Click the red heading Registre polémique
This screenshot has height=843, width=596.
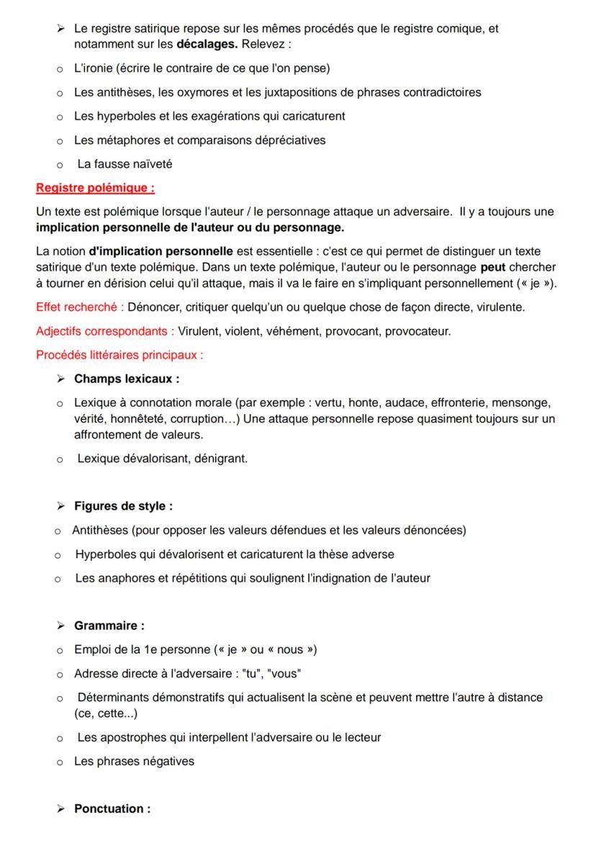(95, 189)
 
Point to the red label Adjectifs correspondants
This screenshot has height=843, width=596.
(103, 331)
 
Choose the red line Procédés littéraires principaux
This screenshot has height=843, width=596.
(119, 355)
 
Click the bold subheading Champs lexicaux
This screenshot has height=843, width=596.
(127, 379)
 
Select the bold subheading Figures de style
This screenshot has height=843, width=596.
(123, 506)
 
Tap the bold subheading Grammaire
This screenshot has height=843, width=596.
(109, 626)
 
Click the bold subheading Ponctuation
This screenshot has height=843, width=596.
(112, 808)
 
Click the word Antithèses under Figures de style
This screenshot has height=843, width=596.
(99, 531)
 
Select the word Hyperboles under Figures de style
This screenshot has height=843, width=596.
(104, 554)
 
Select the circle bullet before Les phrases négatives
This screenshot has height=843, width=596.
(60, 762)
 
